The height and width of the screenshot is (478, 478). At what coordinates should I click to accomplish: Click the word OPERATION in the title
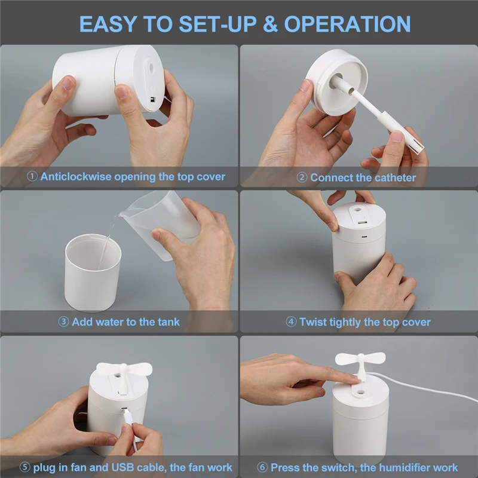[347, 24]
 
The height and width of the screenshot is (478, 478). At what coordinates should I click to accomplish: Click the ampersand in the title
[270, 24]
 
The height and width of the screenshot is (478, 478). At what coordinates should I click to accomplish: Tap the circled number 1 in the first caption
[32, 176]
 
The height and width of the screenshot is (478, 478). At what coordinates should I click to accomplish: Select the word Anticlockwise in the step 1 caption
[76, 176]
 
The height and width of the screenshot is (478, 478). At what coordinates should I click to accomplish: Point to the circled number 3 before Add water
[63, 321]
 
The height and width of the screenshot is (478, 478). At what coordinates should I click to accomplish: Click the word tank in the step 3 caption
[168, 322]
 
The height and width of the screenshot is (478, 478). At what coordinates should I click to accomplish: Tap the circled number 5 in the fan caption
[24, 467]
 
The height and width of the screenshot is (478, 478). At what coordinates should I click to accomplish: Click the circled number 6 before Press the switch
[262, 467]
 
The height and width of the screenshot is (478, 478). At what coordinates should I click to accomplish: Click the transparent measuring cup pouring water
[161, 222]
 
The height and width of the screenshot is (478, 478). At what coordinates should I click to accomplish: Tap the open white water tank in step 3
[93, 272]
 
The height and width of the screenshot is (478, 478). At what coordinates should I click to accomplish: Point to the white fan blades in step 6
[360, 358]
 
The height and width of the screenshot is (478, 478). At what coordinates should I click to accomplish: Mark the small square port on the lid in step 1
[153, 100]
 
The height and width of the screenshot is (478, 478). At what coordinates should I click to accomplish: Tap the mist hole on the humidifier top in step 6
[361, 393]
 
